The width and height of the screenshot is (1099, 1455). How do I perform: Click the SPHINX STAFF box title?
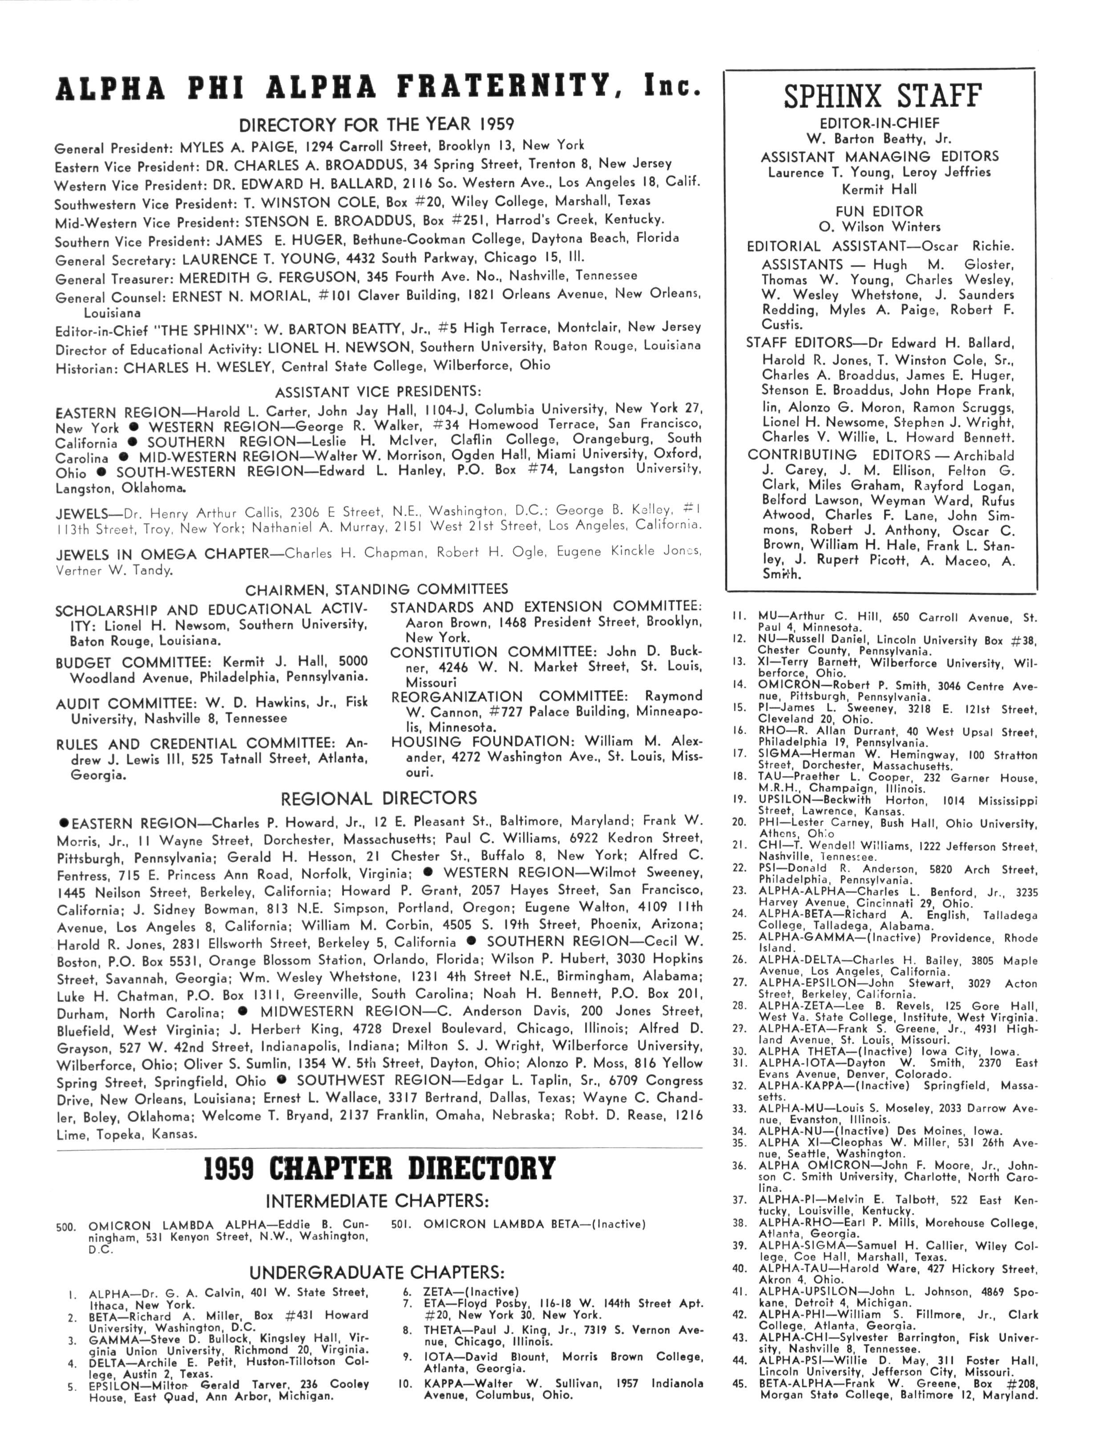882,96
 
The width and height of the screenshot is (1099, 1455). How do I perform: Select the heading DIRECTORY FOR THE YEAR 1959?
376,125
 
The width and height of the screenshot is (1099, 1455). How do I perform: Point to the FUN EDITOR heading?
879,211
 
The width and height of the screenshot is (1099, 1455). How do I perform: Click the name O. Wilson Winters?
879,227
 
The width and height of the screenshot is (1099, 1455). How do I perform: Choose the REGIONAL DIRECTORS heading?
378,799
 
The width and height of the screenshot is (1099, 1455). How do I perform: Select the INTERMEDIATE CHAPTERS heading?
377,1201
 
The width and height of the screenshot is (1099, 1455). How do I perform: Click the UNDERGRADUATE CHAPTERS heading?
377,1272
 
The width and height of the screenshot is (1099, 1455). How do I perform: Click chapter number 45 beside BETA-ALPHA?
739,1384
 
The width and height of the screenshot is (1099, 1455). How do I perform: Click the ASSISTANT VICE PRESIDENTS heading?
378,392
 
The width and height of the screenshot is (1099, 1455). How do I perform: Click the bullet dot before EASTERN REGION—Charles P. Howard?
64,823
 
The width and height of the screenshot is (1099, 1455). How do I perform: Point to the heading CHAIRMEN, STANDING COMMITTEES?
376,589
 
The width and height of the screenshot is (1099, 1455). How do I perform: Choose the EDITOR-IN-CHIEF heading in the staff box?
879,123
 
